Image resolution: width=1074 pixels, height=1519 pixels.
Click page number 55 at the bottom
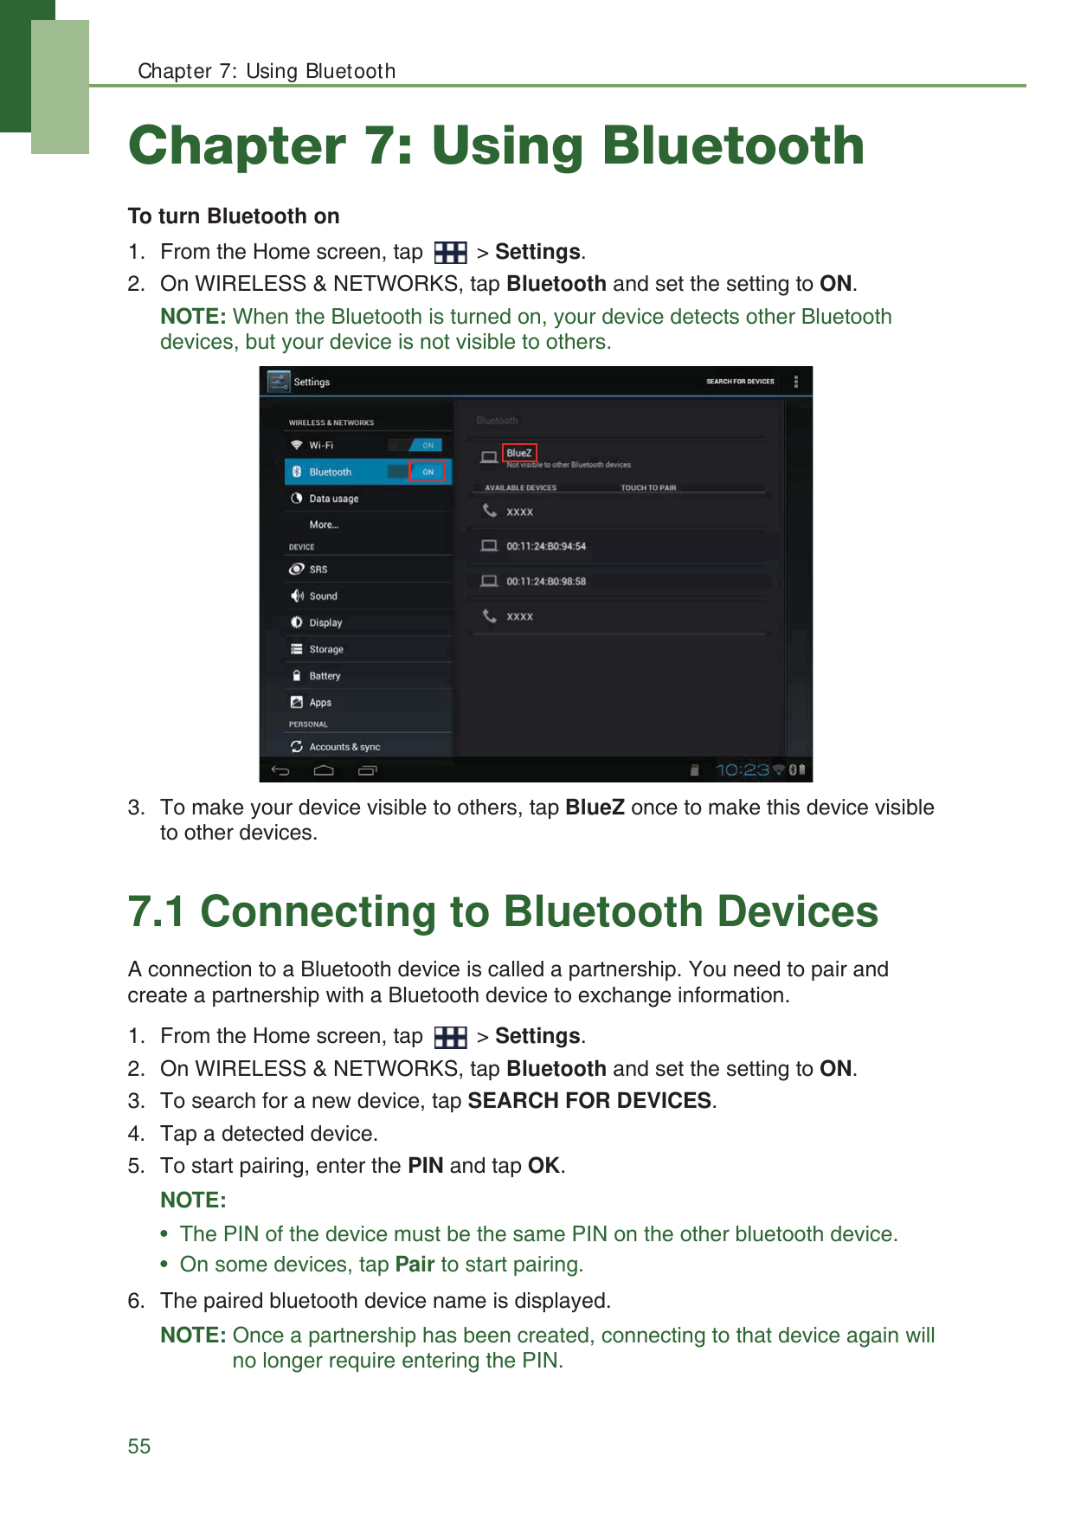click(x=139, y=1446)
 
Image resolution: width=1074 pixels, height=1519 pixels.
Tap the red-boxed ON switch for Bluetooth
click(x=428, y=472)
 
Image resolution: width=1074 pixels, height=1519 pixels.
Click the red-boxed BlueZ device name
click(x=519, y=453)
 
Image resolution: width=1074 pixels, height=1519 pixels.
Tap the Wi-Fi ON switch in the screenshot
click(x=427, y=445)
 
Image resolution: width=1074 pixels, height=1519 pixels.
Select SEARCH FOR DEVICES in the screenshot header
click(x=740, y=382)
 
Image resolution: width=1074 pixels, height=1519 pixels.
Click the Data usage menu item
click(x=333, y=499)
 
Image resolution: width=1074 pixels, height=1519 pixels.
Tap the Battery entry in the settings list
click(x=325, y=676)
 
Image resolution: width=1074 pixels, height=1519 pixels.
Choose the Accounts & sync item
click(x=344, y=747)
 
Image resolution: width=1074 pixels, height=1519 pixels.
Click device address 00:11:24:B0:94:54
click(x=546, y=546)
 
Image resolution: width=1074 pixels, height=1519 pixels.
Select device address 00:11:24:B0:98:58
click(x=546, y=582)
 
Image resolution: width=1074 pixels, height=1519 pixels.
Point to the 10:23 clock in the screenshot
click(x=742, y=769)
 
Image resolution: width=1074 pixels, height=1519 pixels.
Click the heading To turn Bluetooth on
click(x=234, y=216)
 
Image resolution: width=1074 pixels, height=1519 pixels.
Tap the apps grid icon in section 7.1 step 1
click(x=450, y=1037)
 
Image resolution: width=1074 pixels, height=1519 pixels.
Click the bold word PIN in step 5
click(x=426, y=1166)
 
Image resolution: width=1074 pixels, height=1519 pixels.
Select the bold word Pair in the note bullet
click(x=415, y=1265)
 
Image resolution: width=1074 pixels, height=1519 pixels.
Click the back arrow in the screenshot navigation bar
click(x=280, y=769)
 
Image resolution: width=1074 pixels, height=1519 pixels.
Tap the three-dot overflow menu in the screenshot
click(x=796, y=382)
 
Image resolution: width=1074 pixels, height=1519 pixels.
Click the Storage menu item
click(x=326, y=649)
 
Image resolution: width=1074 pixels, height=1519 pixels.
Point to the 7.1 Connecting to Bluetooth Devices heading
click(x=503, y=912)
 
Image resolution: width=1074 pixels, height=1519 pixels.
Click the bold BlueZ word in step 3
click(x=595, y=808)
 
